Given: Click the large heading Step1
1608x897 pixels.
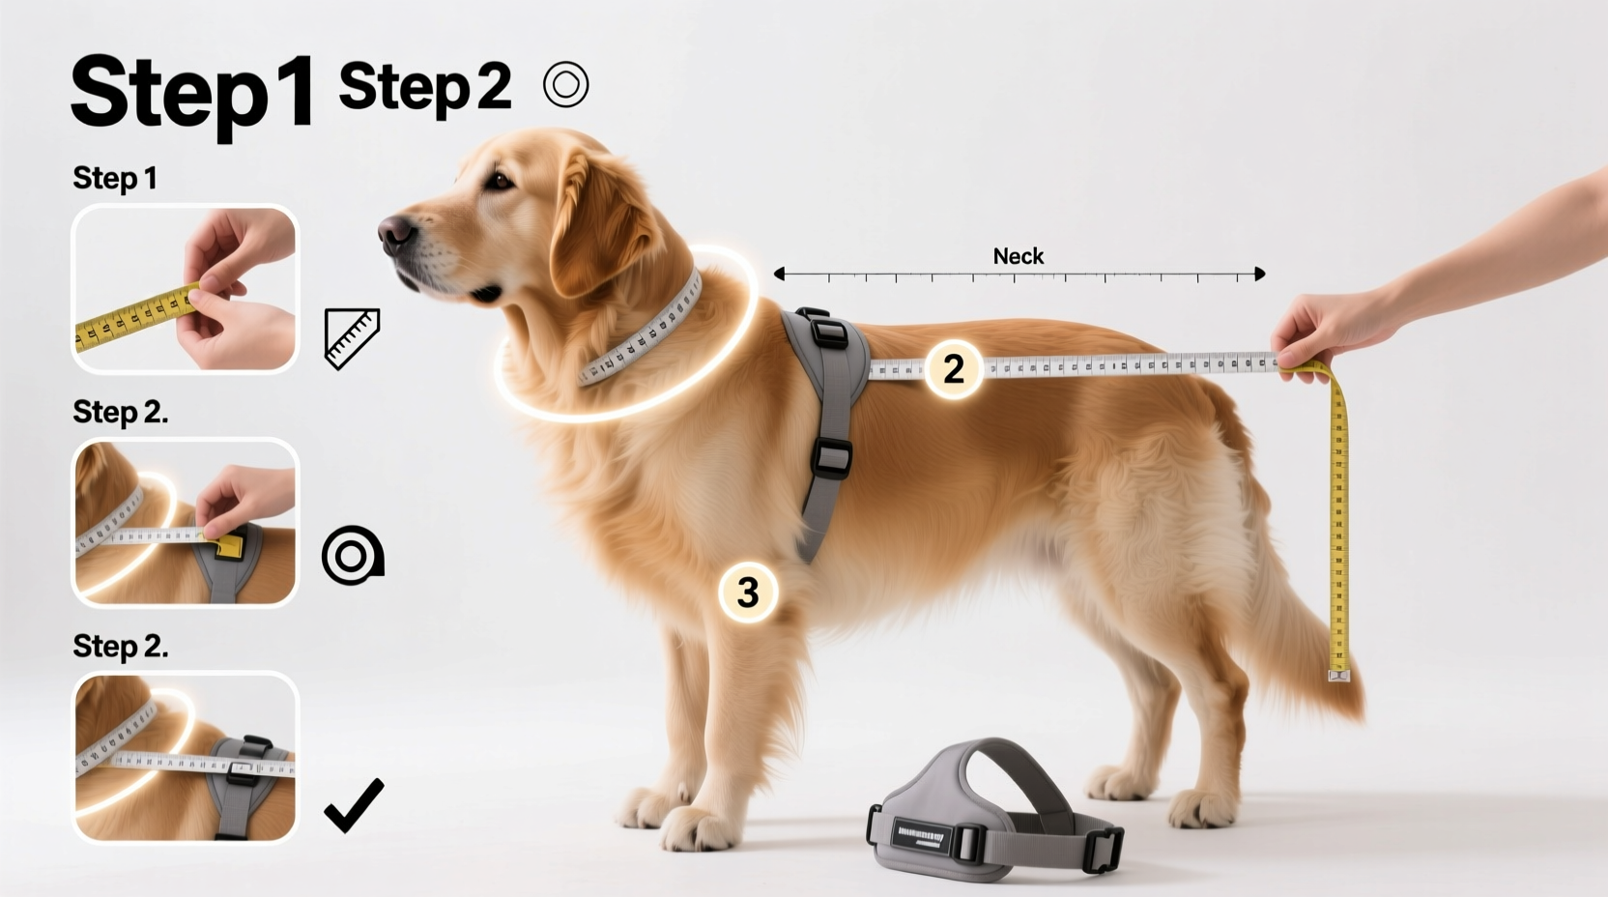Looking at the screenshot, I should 191,93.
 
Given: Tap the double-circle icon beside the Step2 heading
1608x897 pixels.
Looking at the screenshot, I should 565,84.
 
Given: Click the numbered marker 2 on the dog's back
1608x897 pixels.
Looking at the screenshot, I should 953,368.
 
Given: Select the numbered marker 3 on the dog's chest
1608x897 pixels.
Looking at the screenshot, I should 748,592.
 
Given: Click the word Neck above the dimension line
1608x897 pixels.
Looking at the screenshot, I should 1018,256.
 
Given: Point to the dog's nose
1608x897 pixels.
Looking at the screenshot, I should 394,232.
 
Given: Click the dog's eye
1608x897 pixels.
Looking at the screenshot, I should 500,180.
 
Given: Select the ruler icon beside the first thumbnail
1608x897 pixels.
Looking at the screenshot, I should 352,338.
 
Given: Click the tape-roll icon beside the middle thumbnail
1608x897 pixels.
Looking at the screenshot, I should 352,556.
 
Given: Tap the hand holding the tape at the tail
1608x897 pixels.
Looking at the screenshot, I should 1319,333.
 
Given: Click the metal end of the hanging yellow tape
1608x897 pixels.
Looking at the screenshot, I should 1338,674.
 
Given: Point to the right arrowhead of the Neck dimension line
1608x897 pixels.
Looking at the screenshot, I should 1259,275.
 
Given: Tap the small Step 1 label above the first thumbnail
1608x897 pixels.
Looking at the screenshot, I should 114,178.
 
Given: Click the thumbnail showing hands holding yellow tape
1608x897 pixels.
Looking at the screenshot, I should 185,289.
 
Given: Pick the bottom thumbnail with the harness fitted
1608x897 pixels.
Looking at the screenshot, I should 185,757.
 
